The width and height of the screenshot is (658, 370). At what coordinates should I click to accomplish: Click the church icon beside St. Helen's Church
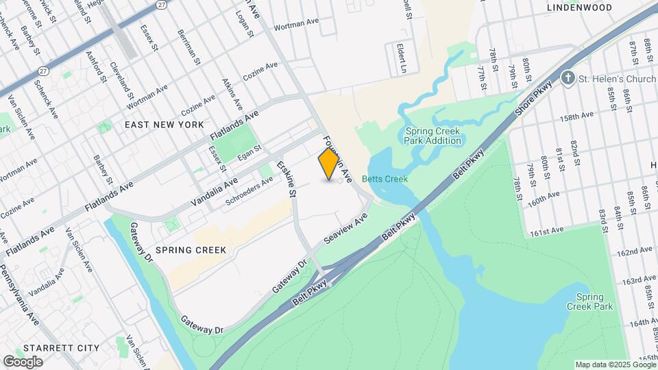(x=568, y=79)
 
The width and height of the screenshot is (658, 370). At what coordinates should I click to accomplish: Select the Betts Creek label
(x=385, y=179)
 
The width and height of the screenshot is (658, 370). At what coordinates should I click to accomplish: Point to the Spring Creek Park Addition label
(x=432, y=136)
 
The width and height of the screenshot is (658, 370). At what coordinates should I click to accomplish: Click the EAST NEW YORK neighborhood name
(x=164, y=125)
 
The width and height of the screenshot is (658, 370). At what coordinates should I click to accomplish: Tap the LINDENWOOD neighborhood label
(x=579, y=8)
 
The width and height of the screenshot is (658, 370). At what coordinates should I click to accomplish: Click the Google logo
(x=23, y=361)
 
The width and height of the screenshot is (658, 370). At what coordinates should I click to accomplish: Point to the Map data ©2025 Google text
(x=615, y=365)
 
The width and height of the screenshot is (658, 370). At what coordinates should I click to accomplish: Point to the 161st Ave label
(x=545, y=231)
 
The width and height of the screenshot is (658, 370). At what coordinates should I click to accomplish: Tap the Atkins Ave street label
(x=232, y=94)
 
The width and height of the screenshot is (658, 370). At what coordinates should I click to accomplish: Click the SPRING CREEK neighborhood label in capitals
(x=191, y=250)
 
